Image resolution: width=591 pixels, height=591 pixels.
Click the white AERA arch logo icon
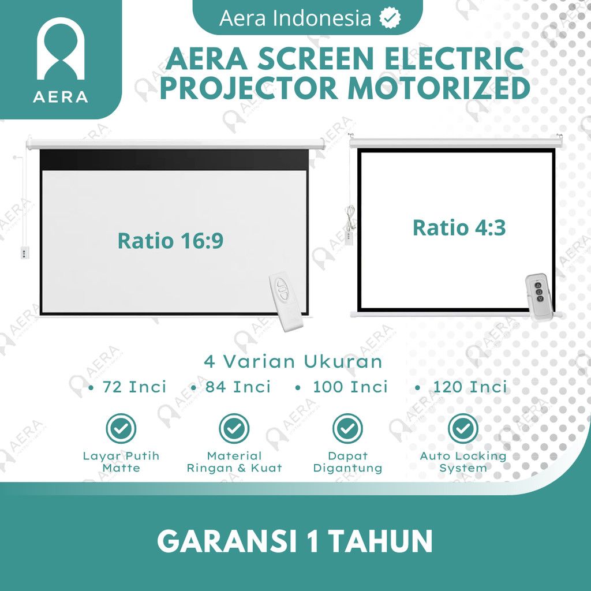[x=60, y=48]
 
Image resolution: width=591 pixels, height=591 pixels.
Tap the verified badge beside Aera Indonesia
[x=390, y=18]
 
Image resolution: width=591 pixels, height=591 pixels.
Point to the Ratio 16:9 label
[x=170, y=241]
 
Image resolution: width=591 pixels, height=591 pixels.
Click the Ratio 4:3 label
[x=459, y=227]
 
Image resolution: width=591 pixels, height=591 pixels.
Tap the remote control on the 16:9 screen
[x=285, y=301]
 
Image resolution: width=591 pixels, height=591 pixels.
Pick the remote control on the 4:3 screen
[x=540, y=297]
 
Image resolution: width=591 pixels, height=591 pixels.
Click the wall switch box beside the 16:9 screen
[x=24, y=253]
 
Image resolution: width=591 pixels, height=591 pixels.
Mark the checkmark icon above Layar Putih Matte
[x=121, y=429]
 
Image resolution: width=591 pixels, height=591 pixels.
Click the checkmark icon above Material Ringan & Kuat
[x=234, y=429]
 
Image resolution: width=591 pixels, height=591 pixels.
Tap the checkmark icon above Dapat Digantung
[x=347, y=429]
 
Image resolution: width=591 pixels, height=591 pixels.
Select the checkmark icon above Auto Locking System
[x=463, y=429]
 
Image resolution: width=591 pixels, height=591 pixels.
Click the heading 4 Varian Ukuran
[x=293, y=361]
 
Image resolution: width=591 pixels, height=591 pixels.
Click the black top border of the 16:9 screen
[x=174, y=160]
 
